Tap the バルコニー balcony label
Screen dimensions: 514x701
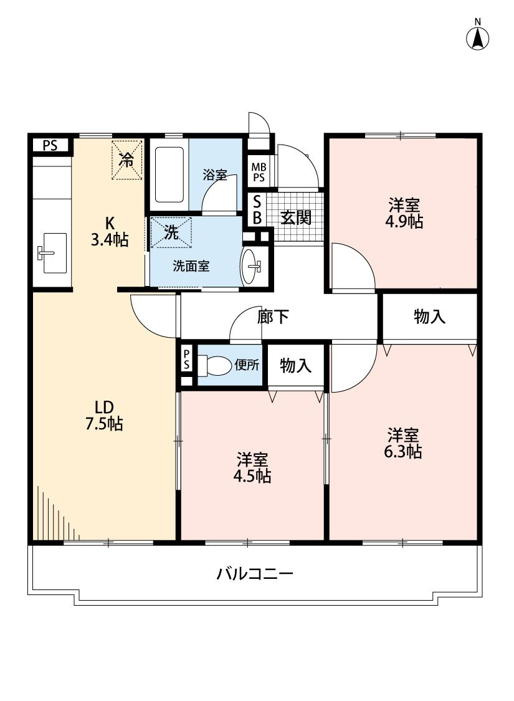255,573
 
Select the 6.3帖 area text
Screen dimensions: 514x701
402,452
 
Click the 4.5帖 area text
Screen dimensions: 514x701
252,476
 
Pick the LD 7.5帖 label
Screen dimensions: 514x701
104,416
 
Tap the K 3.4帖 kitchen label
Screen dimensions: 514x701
110,232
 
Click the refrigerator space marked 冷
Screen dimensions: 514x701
127,160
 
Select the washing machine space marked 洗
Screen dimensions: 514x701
171,232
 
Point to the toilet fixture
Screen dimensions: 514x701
214,365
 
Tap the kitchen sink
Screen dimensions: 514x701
51,252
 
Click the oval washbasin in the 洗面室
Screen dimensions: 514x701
249,267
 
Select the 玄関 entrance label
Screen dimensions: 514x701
296,217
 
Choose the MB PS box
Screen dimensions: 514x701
259,173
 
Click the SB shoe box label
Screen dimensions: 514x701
257,210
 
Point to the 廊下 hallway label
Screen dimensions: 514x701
273,317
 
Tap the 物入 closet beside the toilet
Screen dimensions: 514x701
295,366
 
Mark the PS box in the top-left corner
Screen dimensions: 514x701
50,145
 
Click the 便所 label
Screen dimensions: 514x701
247,365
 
